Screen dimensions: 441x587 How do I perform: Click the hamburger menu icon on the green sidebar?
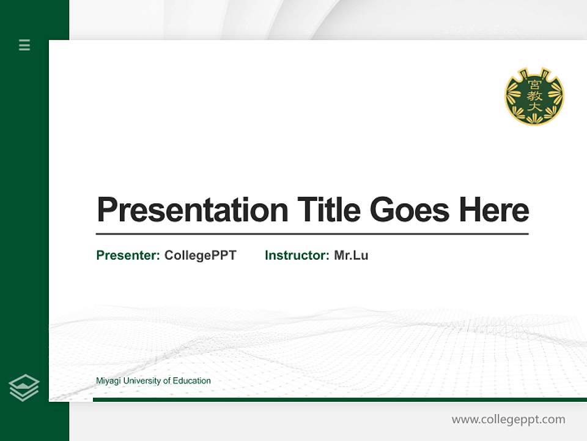[x=24, y=45]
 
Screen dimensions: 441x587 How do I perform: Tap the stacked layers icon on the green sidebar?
[x=24, y=388]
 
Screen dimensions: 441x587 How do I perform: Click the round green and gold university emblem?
[x=534, y=96]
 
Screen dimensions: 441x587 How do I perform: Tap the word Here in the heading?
[x=494, y=209]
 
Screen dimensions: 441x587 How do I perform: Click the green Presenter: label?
[x=128, y=255]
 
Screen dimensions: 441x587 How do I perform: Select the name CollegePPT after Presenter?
[x=200, y=255]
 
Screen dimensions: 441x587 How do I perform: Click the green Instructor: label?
[x=297, y=255]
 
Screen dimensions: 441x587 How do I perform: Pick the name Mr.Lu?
[x=351, y=255]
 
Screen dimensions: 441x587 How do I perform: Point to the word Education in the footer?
[x=191, y=381]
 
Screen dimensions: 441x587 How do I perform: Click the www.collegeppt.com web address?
[x=508, y=420]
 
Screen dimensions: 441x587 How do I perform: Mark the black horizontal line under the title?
[x=312, y=234]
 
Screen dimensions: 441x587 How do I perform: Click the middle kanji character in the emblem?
[x=534, y=96]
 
